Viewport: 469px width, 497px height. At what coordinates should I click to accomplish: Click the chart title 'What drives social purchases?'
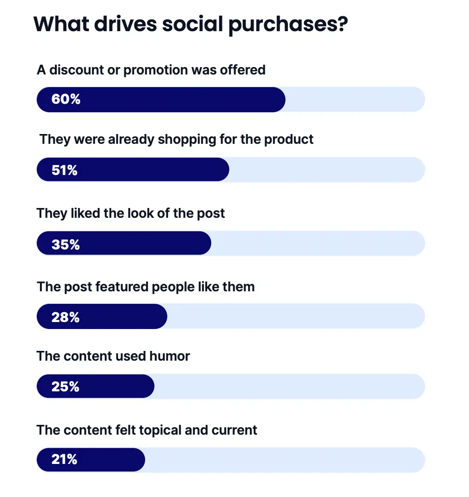coord(191,24)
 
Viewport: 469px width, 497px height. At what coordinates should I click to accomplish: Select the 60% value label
coord(66,99)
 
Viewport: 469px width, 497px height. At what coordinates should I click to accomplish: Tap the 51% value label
coord(65,170)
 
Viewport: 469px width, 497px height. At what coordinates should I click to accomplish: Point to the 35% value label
coord(66,244)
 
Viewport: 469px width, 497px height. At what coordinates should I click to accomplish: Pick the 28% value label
coord(66,317)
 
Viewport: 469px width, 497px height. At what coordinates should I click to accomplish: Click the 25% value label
coord(66,386)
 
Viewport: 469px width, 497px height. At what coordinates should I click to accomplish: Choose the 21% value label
coord(64,459)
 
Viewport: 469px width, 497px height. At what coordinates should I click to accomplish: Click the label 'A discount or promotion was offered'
coord(151,70)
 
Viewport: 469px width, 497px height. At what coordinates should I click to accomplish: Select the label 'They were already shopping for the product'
coord(176,139)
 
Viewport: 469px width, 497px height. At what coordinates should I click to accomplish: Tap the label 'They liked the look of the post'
coord(131,213)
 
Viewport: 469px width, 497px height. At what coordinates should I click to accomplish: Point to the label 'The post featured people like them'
coord(146,286)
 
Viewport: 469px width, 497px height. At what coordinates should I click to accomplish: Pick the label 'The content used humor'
coord(114,356)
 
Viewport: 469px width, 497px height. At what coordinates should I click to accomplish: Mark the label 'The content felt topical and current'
coord(147,430)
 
